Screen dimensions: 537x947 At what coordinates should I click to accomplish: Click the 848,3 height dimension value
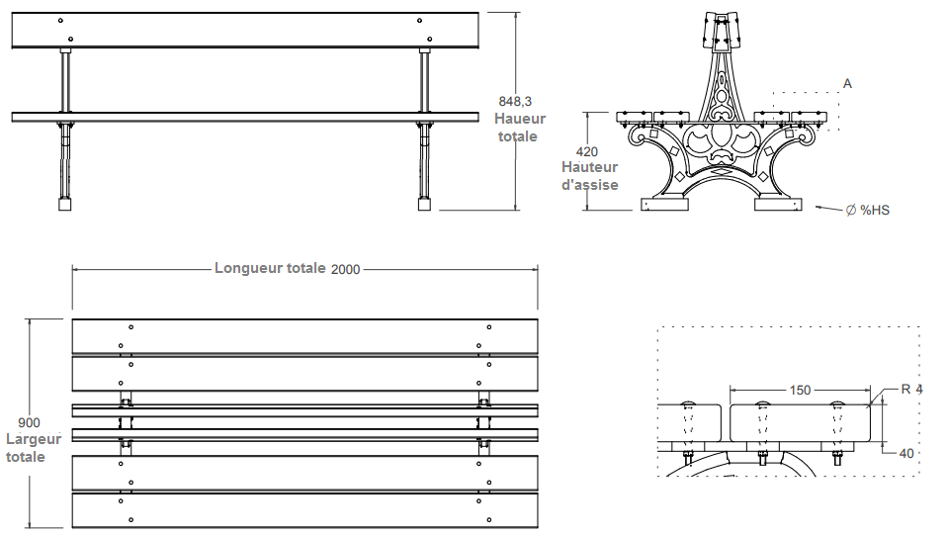[515, 102]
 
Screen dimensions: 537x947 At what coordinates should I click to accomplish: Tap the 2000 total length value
[346, 269]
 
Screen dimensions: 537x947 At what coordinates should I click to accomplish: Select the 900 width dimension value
[29, 423]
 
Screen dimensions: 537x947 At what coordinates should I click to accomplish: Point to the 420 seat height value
[587, 151]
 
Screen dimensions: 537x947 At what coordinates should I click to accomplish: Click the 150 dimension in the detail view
[801, 391]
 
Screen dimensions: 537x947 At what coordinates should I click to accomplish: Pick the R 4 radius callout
[910, 389]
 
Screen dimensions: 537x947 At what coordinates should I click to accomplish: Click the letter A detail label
[847, 84]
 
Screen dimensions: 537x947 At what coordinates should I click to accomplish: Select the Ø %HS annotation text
[868, 211]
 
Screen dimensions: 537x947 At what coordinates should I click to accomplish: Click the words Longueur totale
[269, 268]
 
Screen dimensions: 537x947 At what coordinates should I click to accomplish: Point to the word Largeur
[34, 439]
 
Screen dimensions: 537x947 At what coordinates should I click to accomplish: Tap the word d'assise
[590, 184]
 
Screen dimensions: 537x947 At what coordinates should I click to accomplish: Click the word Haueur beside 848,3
[520, 119]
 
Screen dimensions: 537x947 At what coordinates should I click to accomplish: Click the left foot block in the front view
[65, 206]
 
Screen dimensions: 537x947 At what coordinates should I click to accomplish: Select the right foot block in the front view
[425, 206]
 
